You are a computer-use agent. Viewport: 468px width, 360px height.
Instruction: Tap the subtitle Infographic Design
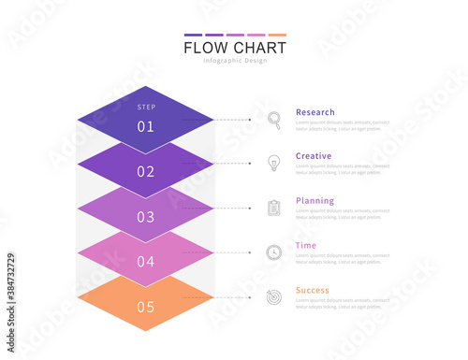tap(235, 62)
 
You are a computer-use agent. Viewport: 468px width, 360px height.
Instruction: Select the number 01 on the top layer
tap(146, 126)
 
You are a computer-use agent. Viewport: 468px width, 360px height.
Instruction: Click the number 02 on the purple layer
tap(146, 171)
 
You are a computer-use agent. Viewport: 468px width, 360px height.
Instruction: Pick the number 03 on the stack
tap(146, 217)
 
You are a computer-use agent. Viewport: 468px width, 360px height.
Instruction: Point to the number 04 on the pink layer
tap(146, 262)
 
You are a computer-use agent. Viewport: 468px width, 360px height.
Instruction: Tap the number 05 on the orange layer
tap(146, 307)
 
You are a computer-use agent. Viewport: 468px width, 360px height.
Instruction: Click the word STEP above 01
tap(146, 107)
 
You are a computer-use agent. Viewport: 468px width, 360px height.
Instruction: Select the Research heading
tap(315, 112)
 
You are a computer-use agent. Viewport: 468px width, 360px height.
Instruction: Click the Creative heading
tap(314, 156)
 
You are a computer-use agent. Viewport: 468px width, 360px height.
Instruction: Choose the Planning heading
tap(314, 201)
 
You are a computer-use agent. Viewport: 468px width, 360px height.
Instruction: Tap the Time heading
tap(306, 245)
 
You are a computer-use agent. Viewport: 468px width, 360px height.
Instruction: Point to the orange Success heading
tap(313, 290)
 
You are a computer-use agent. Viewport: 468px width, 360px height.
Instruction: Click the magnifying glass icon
tap(274, 119)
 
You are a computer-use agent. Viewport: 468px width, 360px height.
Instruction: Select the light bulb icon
tap(274, 163)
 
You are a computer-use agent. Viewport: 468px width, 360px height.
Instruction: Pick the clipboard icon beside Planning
tap(274, 208)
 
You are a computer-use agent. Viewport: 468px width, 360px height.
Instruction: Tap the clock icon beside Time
tap(274, 252)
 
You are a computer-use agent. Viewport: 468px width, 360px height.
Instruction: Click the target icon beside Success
tap(274, 296)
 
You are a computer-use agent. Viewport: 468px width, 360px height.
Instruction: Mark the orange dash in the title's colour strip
tap(277, 36)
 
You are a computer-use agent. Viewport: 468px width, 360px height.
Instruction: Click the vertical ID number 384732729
tap(10, 281)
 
